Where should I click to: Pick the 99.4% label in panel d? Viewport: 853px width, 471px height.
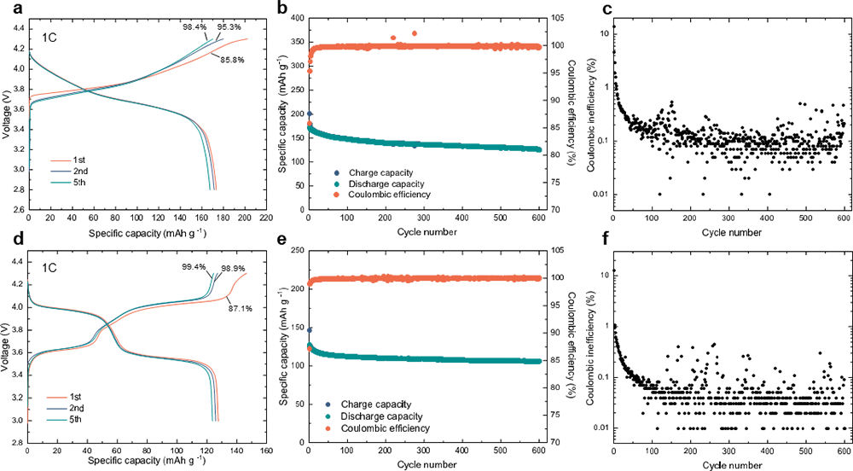pos(196,268)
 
